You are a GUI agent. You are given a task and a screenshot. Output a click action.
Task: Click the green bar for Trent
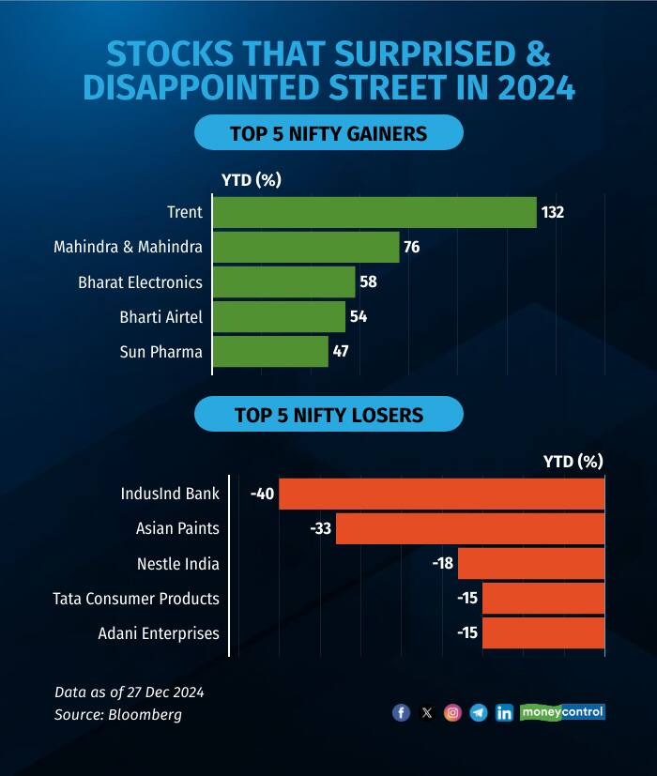374,212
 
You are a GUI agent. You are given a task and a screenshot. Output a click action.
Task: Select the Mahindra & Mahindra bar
306,247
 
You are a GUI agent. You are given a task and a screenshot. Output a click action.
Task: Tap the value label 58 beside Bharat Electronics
368,281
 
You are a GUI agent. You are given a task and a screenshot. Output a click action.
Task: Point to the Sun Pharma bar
270,352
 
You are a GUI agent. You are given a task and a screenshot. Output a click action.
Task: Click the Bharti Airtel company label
161,317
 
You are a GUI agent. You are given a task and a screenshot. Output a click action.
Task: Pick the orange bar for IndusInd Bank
441,494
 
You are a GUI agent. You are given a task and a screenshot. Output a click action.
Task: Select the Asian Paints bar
470,528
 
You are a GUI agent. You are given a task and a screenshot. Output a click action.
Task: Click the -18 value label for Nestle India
442,564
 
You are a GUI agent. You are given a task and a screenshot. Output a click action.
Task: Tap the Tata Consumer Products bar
543,599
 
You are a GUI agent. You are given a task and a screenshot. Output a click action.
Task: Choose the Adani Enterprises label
159,633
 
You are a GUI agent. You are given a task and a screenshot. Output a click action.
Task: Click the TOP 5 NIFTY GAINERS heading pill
328,133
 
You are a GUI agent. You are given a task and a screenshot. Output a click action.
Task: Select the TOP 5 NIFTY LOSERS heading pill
328,414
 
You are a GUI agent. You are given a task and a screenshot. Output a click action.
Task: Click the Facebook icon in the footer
401,713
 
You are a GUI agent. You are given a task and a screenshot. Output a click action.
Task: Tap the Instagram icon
452,713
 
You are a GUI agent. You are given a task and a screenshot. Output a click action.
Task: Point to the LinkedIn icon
504,713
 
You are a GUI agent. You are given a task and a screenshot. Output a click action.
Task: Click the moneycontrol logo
562,712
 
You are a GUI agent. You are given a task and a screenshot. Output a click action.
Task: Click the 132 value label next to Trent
552,212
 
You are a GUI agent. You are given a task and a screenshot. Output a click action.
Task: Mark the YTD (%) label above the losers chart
573,461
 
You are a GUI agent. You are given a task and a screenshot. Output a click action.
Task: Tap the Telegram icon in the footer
479,713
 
